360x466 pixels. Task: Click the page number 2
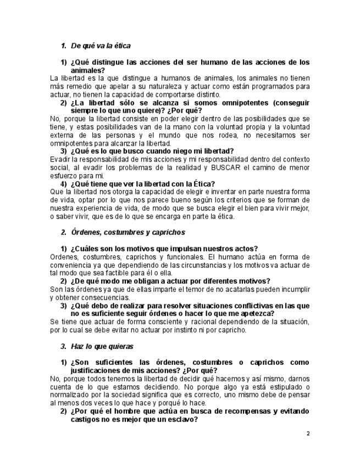point(308,434)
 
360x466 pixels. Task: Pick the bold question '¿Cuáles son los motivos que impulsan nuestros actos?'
point(164,248)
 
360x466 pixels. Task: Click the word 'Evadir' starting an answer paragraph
point(60,159)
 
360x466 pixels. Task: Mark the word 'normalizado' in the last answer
point(71,395)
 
